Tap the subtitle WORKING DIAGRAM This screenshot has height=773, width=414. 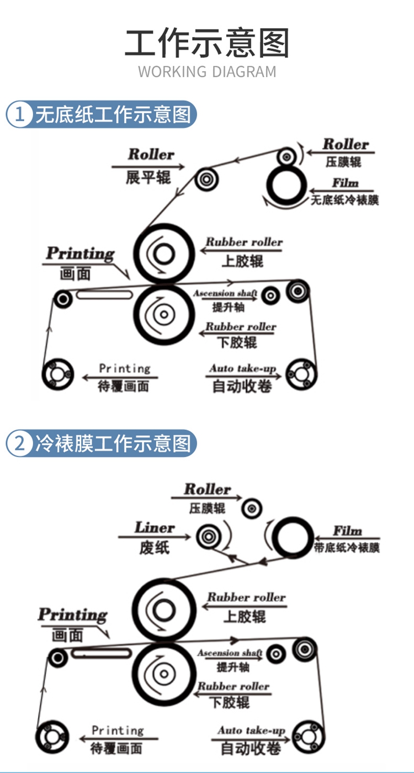[207, 72]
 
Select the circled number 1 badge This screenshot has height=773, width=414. [20, 114]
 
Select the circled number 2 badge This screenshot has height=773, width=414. [20, 443]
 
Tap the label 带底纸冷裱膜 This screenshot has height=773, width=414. [347, 548]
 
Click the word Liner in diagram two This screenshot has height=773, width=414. [155, 528]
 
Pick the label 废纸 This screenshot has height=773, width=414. [154, 548]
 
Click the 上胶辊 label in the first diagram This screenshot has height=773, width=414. [242, 261]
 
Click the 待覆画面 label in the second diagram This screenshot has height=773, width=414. [116, 749]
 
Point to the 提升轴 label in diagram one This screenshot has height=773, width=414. [228, 307]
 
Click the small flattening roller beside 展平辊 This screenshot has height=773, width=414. [206, 179]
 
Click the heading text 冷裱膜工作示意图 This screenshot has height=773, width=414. [113, 443]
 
